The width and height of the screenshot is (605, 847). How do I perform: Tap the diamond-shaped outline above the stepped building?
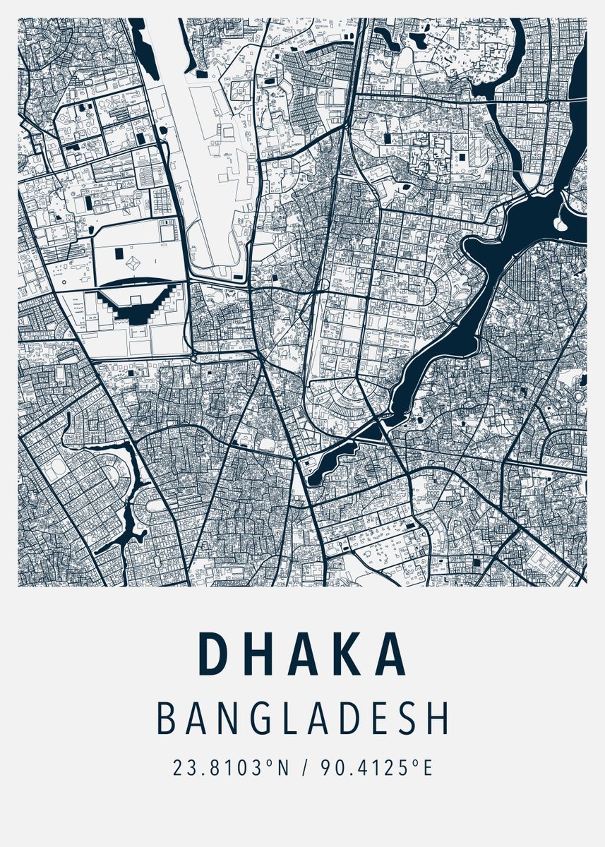click(132, 263)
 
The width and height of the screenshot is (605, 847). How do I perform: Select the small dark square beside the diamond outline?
click(117, 251)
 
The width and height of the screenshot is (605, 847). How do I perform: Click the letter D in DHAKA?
click(211, 654)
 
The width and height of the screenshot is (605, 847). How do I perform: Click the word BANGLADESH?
click(302, 718)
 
